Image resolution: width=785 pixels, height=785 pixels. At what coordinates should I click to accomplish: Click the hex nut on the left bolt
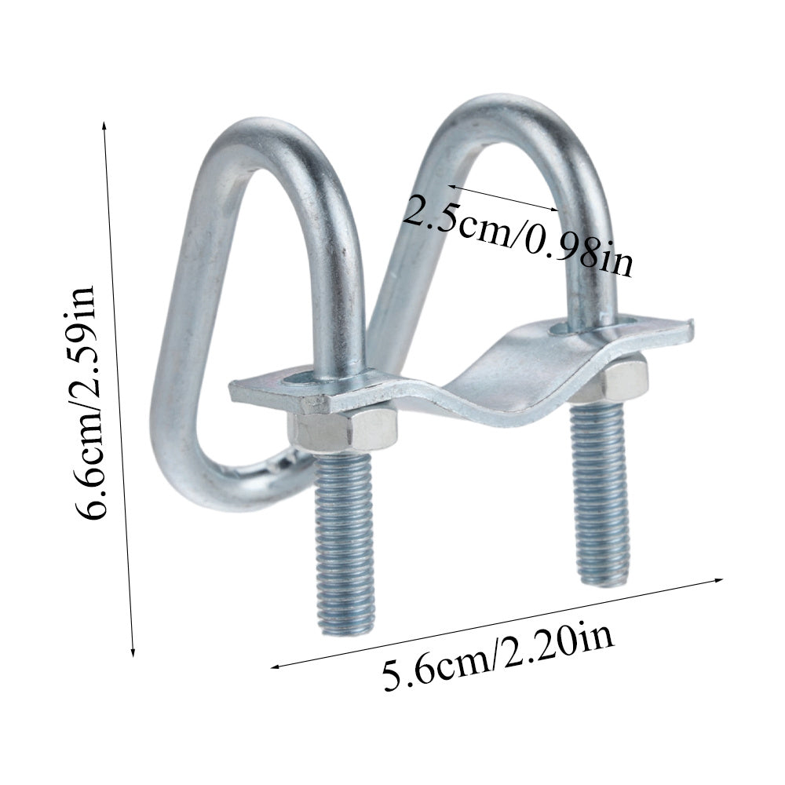(x=342, y=429)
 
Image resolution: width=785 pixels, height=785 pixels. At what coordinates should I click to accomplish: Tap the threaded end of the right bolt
(x=601, y=493)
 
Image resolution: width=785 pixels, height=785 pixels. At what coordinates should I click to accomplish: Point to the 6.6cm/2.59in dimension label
(x=86, y=403)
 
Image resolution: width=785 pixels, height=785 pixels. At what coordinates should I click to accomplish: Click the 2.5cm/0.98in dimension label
(x=519, y=234)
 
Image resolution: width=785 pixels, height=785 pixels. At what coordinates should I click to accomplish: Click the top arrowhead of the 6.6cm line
(x=104, y=125)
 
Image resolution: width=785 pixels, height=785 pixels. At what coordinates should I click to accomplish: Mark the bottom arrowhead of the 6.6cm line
(x=133, y=652)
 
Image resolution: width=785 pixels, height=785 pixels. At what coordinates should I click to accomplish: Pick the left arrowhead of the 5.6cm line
(x=274, y=666)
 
